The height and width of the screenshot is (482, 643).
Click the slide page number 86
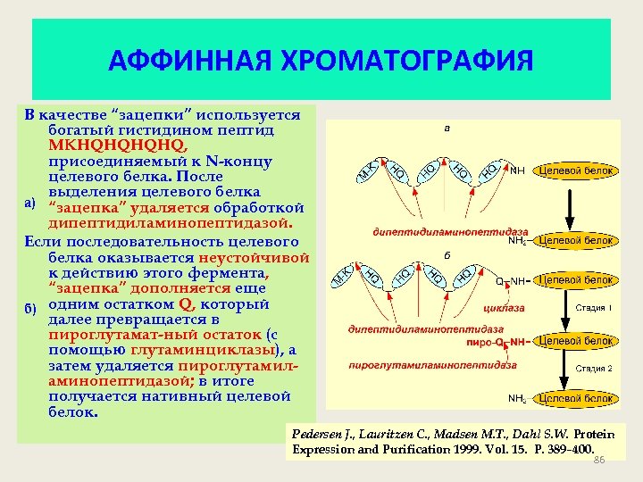click(x=599, y=459)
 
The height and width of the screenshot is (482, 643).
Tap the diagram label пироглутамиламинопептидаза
click(x=432, y=365)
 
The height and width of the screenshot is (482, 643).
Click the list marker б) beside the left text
click(x=29, y=309)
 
